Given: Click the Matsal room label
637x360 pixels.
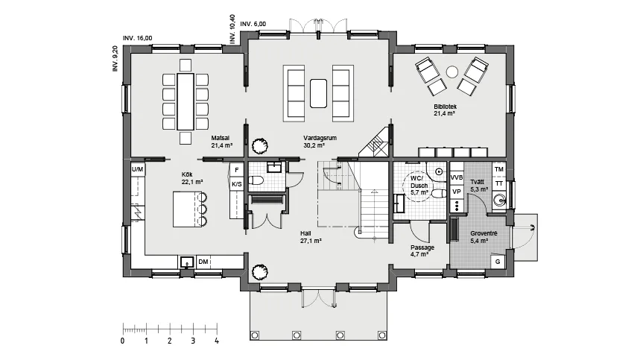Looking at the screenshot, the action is (221, 138).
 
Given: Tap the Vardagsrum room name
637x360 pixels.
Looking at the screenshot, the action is (320, 138).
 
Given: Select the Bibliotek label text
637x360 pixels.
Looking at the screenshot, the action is (445, 107).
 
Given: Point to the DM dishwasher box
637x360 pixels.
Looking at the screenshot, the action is (203, 262).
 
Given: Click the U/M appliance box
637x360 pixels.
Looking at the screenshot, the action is (137, 169).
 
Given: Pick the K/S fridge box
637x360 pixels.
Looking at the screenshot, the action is (237, 184).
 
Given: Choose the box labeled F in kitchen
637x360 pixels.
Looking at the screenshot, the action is (237, 170).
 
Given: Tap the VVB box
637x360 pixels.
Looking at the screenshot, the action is (457, 177).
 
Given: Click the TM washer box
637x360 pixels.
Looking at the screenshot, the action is (499, 169).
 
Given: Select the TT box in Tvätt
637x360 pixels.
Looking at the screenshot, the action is (499, 183).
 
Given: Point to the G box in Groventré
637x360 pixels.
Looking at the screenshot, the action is (498, 262).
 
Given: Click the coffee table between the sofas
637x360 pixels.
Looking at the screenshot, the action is (318, 93).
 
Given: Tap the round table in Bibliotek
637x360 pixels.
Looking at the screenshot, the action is (452, 72).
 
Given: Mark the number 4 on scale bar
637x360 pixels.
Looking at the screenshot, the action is (217, 341).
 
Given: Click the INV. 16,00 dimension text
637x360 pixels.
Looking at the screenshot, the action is (138, 38).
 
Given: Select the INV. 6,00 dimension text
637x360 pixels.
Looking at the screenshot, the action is (253, 24).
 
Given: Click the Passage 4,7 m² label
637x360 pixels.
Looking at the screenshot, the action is (422, 250).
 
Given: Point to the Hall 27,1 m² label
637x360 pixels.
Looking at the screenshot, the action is (311, 237).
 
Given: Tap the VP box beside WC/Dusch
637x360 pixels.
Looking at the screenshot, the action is (457, 192).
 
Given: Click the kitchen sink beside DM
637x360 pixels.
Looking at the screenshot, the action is (187, 262).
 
